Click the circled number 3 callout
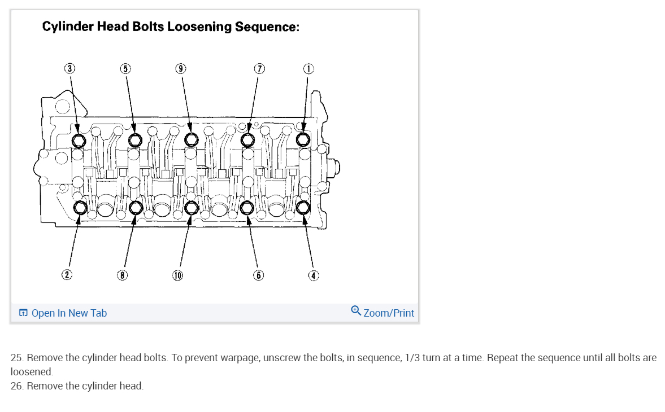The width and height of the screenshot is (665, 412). click(x=69, y=68)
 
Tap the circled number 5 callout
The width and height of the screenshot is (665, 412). click(x=125, y=68)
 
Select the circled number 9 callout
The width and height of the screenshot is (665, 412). click(x=181, y=68)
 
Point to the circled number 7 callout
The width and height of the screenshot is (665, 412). click(x=259, y=68)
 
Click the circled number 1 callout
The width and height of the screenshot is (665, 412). click(x=308, y=68)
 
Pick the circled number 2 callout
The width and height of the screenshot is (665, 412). click(x=67, y=275)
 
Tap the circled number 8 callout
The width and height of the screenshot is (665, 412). click(x=122, y=275)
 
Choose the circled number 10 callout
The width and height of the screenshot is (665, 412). click(x=178, y=275)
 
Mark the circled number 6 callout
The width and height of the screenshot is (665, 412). click(x=258, y=275)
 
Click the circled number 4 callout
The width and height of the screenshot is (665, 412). click(x=314, y=275)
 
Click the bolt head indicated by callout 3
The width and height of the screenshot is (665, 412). click(x=79, y=139)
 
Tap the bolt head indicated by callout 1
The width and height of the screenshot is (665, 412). click(x=303, y=139)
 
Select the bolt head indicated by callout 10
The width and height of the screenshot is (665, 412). click(x=191, y=208)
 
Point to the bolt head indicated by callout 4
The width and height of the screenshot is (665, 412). click(x=303, y=208)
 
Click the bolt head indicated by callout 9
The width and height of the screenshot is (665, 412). click(x=192, y=139)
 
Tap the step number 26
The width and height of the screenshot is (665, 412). click(x=17, y=386)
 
